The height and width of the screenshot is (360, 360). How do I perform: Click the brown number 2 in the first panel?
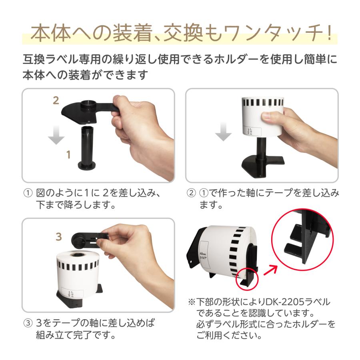(56, 100)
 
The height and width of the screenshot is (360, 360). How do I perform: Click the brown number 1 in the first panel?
(68, 154)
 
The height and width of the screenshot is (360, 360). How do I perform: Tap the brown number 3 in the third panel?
(59, 236)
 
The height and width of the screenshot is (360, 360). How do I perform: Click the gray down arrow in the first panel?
(56, 135)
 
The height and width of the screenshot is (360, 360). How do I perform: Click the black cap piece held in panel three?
(86, 241)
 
